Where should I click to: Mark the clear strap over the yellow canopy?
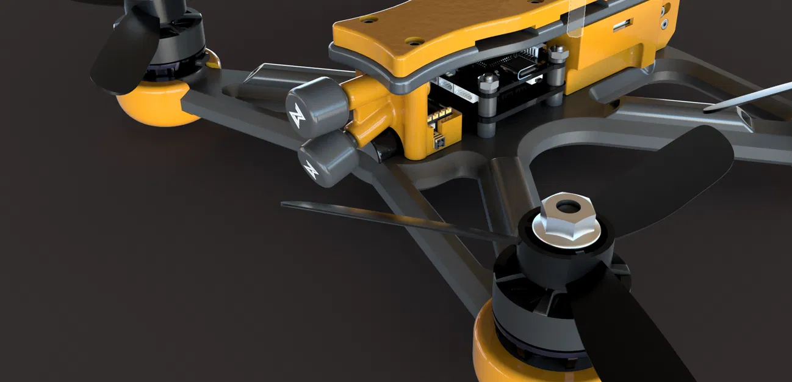click(573, 18)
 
